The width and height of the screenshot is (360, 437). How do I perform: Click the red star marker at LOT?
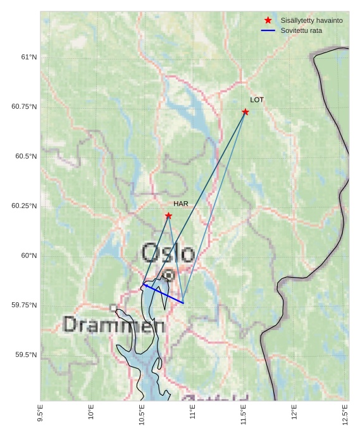coord(245,112)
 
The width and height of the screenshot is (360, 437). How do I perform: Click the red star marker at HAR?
coord(168,216)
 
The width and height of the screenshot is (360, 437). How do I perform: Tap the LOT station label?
coord(257,100)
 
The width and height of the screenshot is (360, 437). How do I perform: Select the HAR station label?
coord(181,204)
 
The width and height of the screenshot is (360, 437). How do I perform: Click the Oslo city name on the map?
coord(168,253)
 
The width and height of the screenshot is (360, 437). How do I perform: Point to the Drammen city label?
coord(114,325)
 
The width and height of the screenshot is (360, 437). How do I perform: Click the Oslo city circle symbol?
coord(169,275)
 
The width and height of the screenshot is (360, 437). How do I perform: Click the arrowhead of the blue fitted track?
coord(146,285)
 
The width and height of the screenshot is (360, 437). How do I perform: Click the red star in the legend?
coord(268,20)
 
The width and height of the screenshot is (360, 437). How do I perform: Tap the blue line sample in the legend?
coord(268,30)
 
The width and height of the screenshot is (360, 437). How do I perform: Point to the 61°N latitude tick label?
coord(29,57)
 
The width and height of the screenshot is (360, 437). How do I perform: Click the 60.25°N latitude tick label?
coord(25,206)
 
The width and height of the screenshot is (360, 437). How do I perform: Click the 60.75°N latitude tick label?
coord(25,106)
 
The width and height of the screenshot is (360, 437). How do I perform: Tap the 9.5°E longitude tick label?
coord(40,414)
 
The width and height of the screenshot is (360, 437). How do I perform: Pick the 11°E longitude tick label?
coord(193,415)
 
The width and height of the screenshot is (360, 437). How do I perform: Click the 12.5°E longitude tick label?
coord(345,414)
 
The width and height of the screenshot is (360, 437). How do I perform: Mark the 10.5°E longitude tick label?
coord(142,414)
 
